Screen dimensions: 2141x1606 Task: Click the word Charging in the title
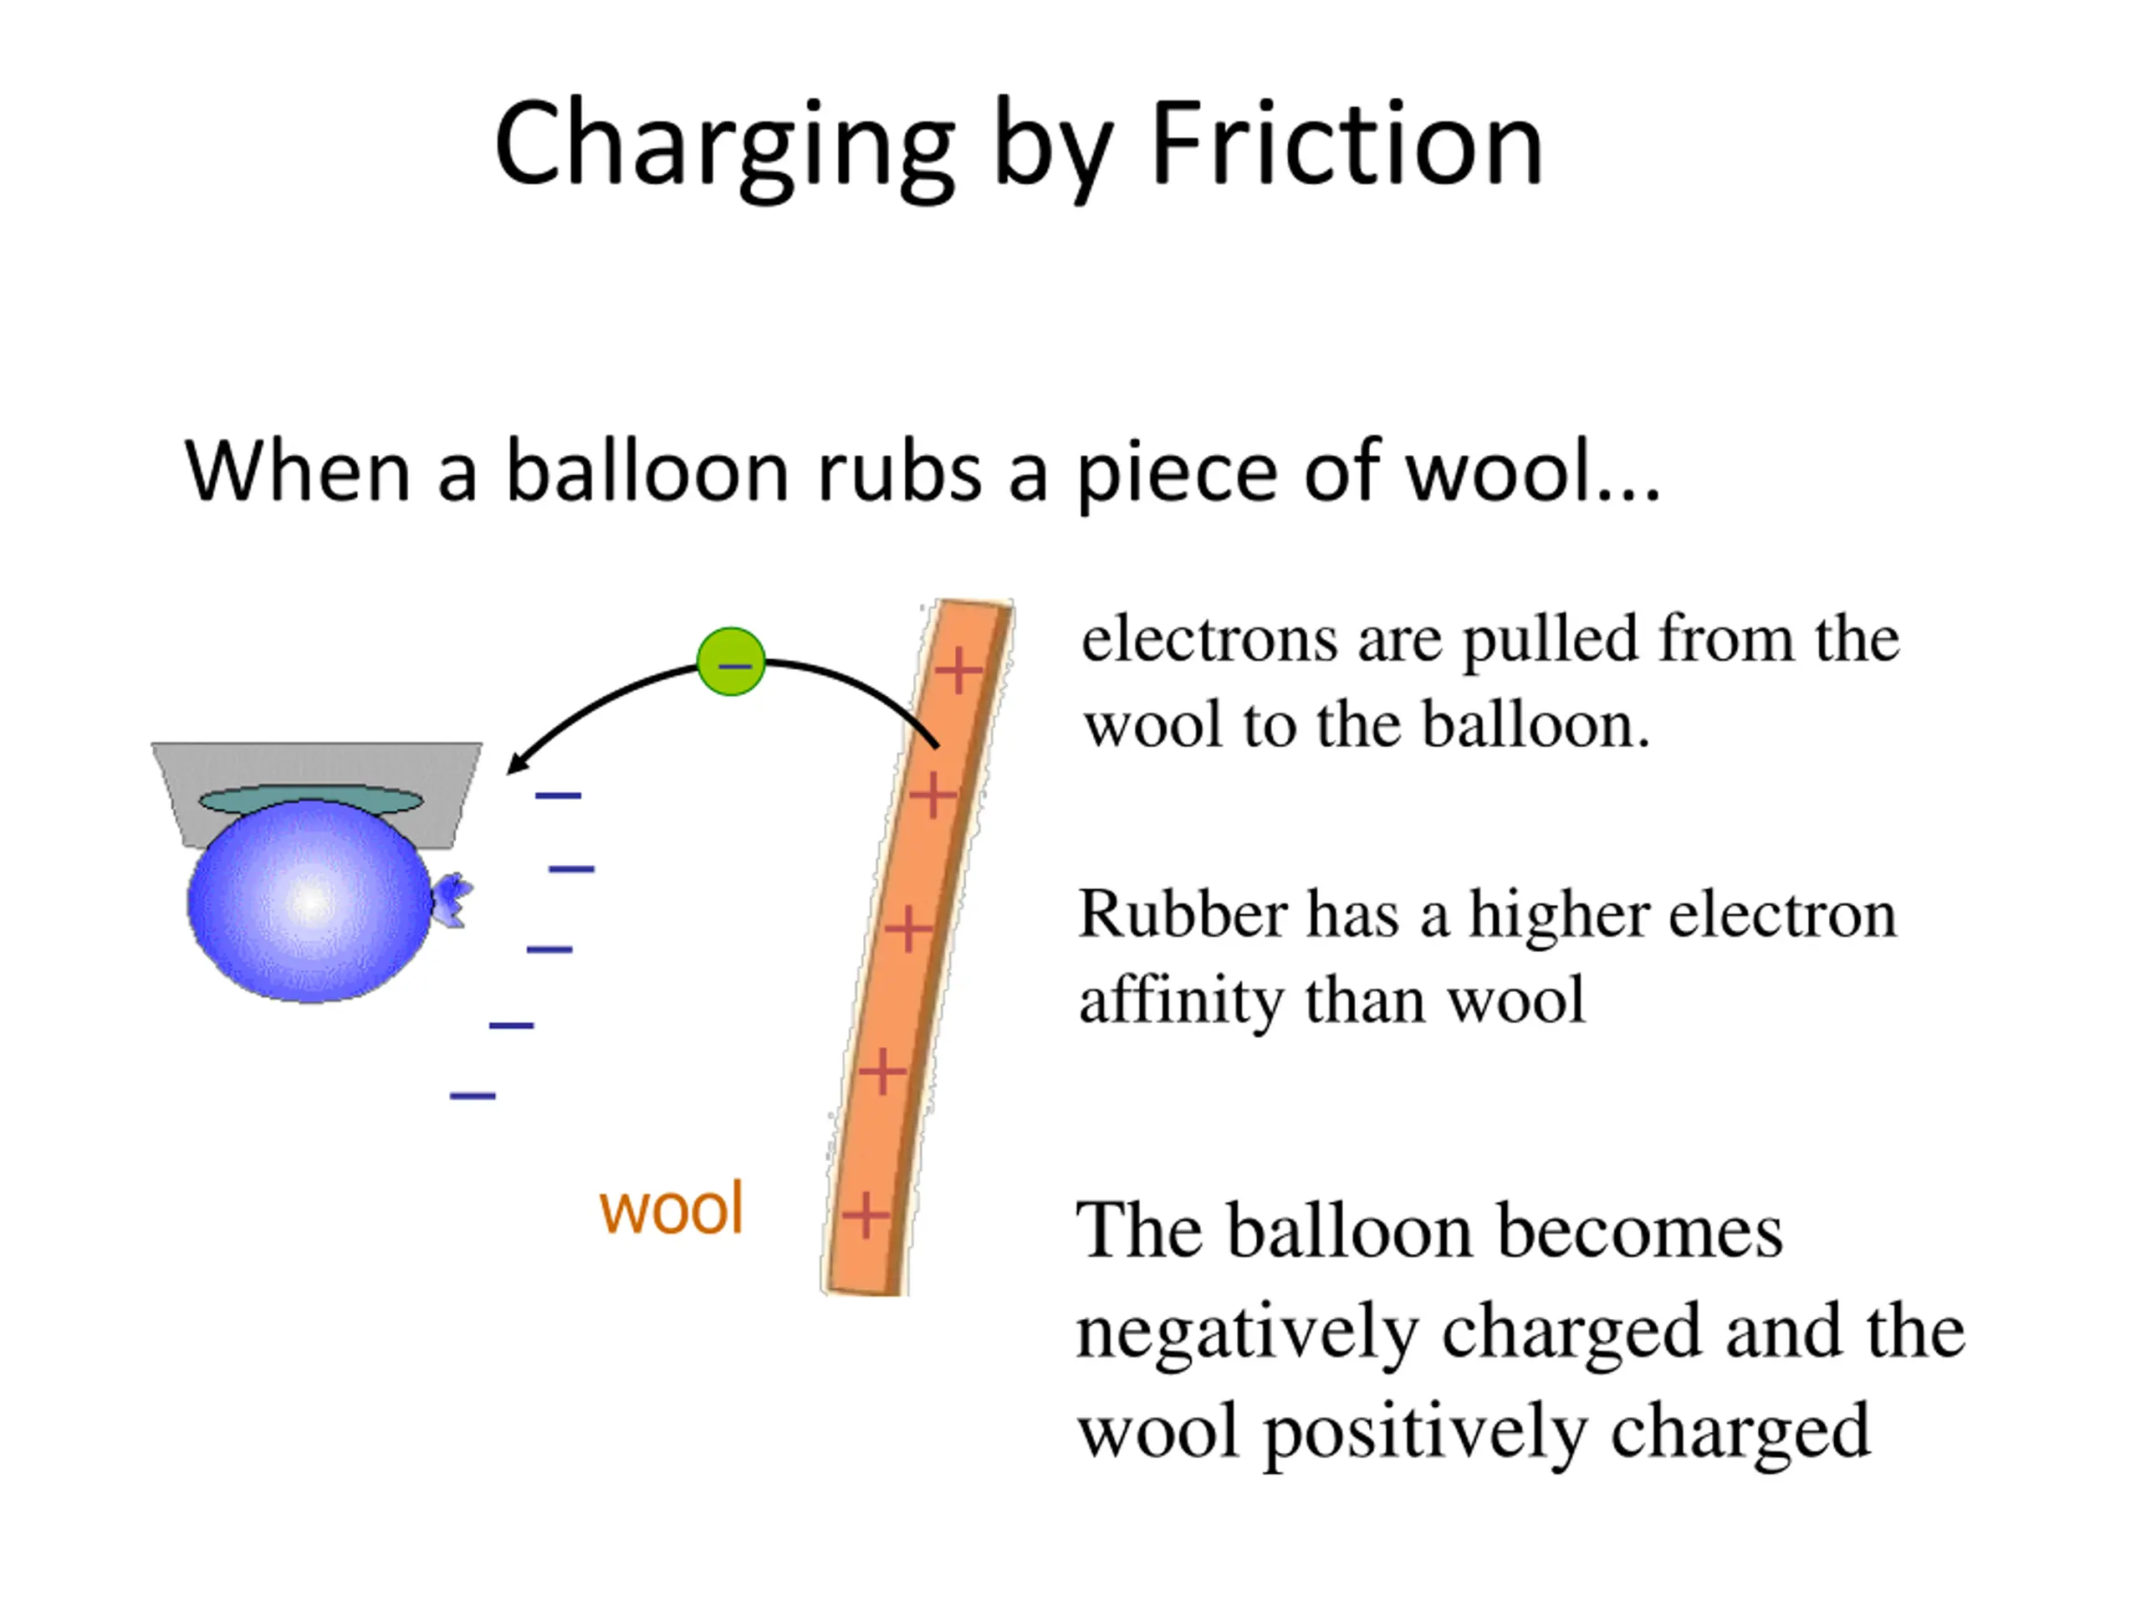[x=724, y=146]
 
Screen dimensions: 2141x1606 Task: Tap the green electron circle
[x=732, y=662]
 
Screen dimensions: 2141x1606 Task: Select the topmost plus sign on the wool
[x=958, y=670]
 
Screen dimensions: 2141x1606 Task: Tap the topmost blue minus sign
[x=559, y=795]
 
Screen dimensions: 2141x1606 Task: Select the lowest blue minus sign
[x=473, y=1096]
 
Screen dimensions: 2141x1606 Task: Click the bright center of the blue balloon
[x=309, y=900]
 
